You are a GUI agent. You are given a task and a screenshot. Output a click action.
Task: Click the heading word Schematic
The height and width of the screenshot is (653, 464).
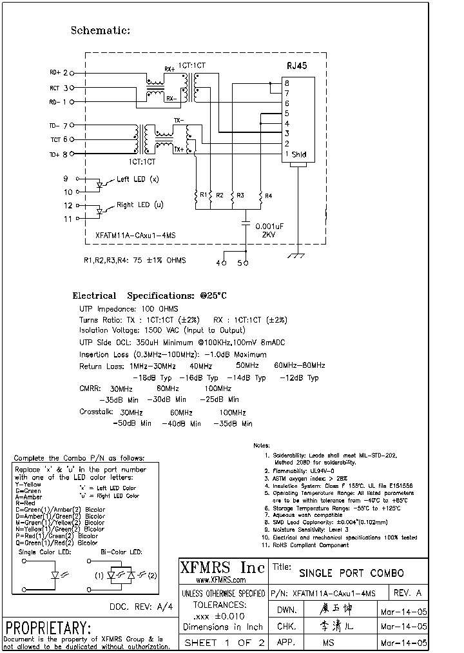[100, 30]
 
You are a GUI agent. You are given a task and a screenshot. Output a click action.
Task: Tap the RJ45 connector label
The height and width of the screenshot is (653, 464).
[296, 66]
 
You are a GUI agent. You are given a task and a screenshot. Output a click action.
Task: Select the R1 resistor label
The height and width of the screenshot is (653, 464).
[203, 195]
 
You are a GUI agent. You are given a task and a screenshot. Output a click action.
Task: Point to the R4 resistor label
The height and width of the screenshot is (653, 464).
[268, 196]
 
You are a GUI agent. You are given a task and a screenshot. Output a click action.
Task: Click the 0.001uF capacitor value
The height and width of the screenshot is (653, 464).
[270, 226]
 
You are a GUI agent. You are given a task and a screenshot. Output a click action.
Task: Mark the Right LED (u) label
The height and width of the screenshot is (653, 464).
[140, 205]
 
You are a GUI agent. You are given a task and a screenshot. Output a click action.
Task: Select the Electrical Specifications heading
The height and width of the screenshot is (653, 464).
[150, 296]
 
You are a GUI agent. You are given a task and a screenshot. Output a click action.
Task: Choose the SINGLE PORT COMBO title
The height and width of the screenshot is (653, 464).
[351, 573]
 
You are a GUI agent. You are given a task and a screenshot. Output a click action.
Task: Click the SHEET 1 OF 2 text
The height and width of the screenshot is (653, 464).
[224, 643]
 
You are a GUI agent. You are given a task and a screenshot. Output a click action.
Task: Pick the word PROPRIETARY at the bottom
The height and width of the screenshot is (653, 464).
[48, 628]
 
